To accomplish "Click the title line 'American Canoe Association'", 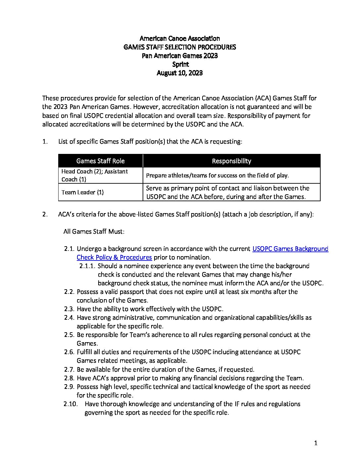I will coord(180,38).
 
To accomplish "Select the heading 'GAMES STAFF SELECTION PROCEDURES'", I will coord(180,47).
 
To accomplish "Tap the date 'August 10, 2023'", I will coord(180,73).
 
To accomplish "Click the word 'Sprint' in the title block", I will coord(180,64).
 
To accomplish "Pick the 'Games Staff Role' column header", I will coord(100,161).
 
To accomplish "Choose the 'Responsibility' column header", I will coord(231,161).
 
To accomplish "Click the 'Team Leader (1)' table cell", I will coord(82,192).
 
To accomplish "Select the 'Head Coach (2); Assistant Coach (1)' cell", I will coord(95,175).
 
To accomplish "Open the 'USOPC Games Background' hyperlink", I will coord(290,249).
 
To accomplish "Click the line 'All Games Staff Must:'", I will coord(94,231).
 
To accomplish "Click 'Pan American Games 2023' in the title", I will coord(180,56).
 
